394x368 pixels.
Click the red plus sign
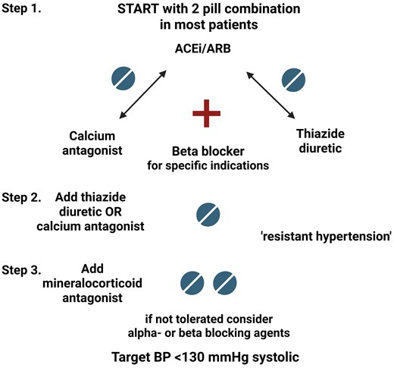coord(207,113)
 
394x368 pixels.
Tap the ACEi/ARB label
coord(203,49)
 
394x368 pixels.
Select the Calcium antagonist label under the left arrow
coord(92,143)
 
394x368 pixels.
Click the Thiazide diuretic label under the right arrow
coord(321,141)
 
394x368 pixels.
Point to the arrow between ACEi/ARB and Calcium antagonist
coord(142,95)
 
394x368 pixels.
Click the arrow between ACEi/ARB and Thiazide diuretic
coord(270,95)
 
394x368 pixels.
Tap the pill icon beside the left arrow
coord(124,78)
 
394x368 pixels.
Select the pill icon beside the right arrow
coord(293,80)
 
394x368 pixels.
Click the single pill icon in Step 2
coord(208,215)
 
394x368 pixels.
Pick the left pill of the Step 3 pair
coord(192,283)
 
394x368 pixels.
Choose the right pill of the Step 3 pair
coord(225,283)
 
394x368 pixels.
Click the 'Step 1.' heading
coord(21,8)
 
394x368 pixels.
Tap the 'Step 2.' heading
coord(21,197)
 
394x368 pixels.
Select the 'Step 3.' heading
coord(21,270)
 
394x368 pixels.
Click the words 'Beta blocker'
coord(208,151)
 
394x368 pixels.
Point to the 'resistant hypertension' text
coord(327,237)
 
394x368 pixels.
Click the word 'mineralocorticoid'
coord(92,283)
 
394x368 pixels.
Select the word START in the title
coord(139,9)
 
